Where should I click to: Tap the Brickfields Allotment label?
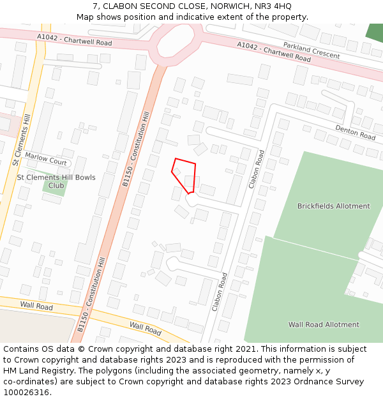click(x=333, y=206)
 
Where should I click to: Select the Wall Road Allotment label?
click(x=324, y=324)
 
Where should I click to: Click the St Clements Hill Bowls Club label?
click(x=56, y=181)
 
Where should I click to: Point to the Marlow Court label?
click(x=46, y=159)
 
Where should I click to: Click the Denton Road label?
click(x=355, y=132)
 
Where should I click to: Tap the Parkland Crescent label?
click(x=312, y=51)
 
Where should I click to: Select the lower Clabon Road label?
click(x=219, y=292)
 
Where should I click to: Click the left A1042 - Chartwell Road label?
click(x=74, y=40)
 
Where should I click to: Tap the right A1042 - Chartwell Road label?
click(x=274, y=50)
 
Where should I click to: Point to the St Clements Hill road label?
click(x=21, y=141)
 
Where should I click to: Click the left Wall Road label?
click(x=36, y=306)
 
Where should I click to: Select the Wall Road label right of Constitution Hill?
click(x=146, y=328)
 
